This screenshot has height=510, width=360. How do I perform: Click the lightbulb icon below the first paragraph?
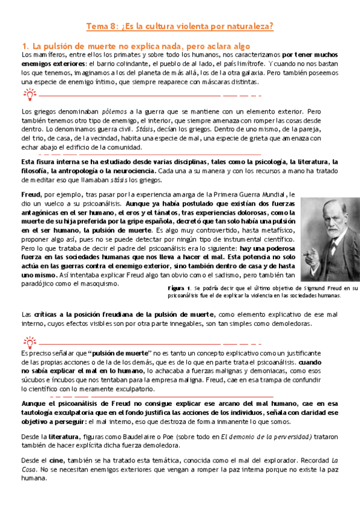[x=29, y=94]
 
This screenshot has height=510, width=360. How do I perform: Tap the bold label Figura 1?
[x=179, y=289]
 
